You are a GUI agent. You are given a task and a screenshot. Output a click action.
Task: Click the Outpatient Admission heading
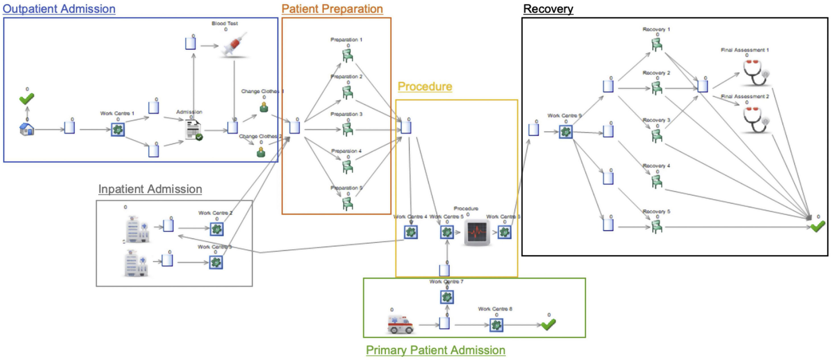pos(59,9)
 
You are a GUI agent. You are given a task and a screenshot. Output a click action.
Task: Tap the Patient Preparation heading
pos(332,9)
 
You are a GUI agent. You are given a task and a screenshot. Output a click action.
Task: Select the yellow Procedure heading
pos(425,87)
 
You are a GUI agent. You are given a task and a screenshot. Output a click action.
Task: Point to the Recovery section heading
pos(548,9)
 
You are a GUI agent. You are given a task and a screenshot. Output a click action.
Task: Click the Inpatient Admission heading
pos(150,189)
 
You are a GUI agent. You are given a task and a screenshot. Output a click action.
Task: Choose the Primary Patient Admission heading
pos(436,350)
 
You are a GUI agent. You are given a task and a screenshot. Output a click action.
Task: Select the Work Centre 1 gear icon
pos(118,129)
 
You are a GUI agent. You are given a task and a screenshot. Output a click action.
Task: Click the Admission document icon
pos(193,130)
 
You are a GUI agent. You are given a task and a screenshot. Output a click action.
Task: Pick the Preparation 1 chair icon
pos(348,55)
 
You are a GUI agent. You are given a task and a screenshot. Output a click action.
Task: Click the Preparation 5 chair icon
pos(348,203)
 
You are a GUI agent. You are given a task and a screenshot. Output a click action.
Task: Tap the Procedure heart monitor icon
pos(477,232)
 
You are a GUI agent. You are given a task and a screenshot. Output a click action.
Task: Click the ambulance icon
pos(400,324)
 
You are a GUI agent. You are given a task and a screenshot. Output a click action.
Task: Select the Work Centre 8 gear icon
pos(496,325)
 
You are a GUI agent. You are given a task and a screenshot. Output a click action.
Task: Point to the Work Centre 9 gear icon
pos(565,132)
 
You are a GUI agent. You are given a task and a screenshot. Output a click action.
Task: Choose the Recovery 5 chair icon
pos(657,227)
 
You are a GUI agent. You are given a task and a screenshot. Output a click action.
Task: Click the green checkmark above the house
pos(26,98)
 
